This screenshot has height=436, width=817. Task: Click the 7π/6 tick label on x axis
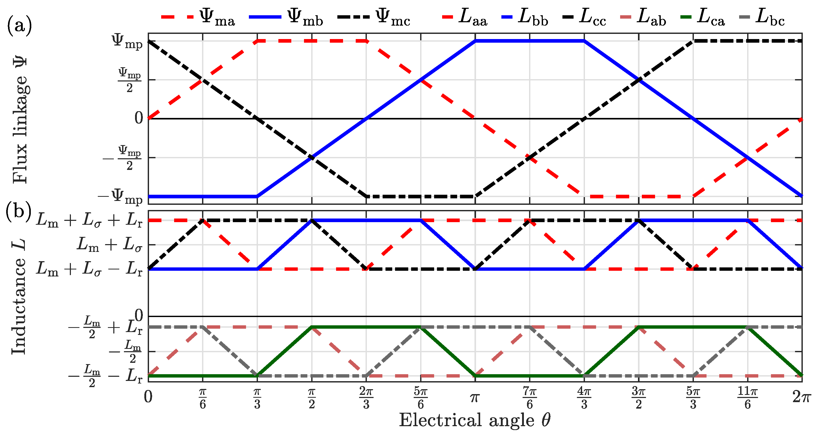[529, 398]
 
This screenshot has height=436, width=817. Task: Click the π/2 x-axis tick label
[311, 398]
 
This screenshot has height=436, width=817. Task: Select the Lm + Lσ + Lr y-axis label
[90, 220]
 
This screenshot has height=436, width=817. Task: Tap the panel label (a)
[19, 26]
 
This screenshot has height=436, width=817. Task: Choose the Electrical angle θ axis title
[474, 420]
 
